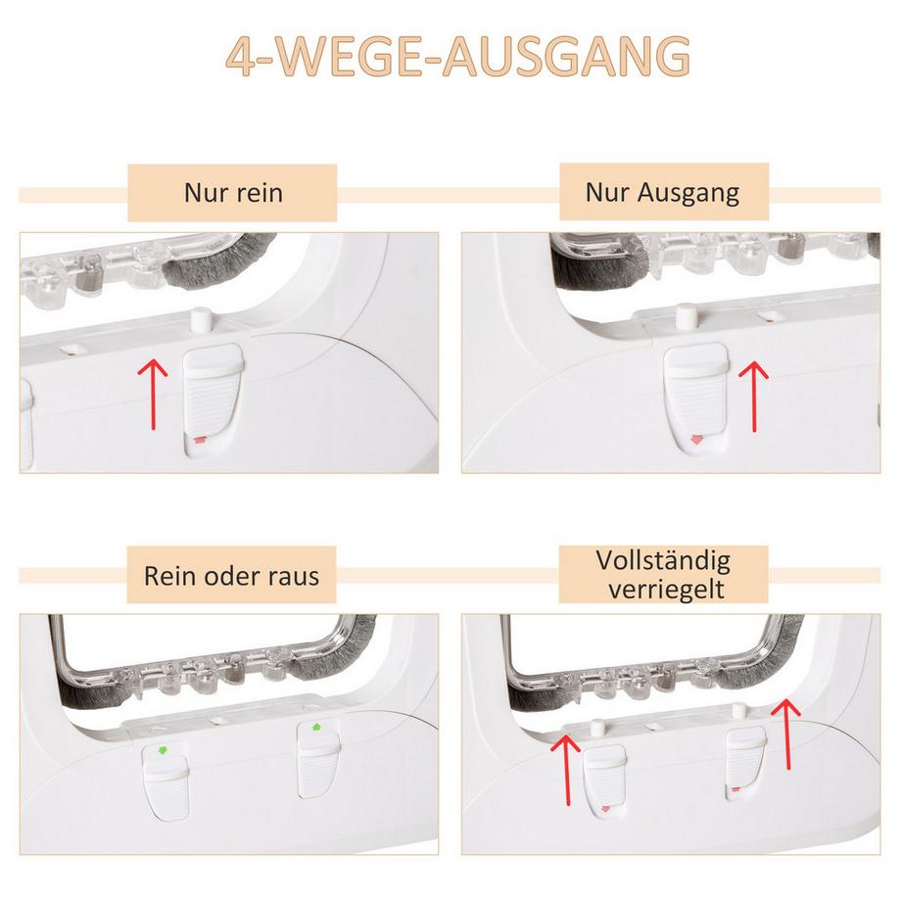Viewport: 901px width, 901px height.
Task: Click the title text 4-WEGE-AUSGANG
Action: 457,56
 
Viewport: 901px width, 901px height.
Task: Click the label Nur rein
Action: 233,193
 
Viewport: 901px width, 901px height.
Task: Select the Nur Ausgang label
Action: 662,193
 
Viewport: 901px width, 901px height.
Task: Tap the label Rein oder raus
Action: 231,575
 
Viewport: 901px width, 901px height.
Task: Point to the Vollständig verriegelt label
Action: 664,574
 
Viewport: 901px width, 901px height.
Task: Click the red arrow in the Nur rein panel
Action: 153,394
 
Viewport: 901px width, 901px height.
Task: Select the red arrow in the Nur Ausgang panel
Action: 753,396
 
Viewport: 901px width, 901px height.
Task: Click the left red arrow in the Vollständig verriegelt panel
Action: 567,770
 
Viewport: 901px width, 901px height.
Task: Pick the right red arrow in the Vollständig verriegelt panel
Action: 786,734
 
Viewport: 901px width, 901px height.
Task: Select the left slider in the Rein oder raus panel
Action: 166,781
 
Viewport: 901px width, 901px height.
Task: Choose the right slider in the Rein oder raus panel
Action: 318,760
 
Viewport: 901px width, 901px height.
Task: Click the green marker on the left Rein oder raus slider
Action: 163,750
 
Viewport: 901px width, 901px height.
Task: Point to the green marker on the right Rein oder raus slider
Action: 315,728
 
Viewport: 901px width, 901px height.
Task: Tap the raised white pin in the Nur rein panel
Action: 201,320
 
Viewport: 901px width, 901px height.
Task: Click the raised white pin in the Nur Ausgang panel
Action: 685,316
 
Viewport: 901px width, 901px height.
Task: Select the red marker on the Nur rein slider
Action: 200,440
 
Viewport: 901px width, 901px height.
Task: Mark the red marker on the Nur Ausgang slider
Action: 696,440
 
